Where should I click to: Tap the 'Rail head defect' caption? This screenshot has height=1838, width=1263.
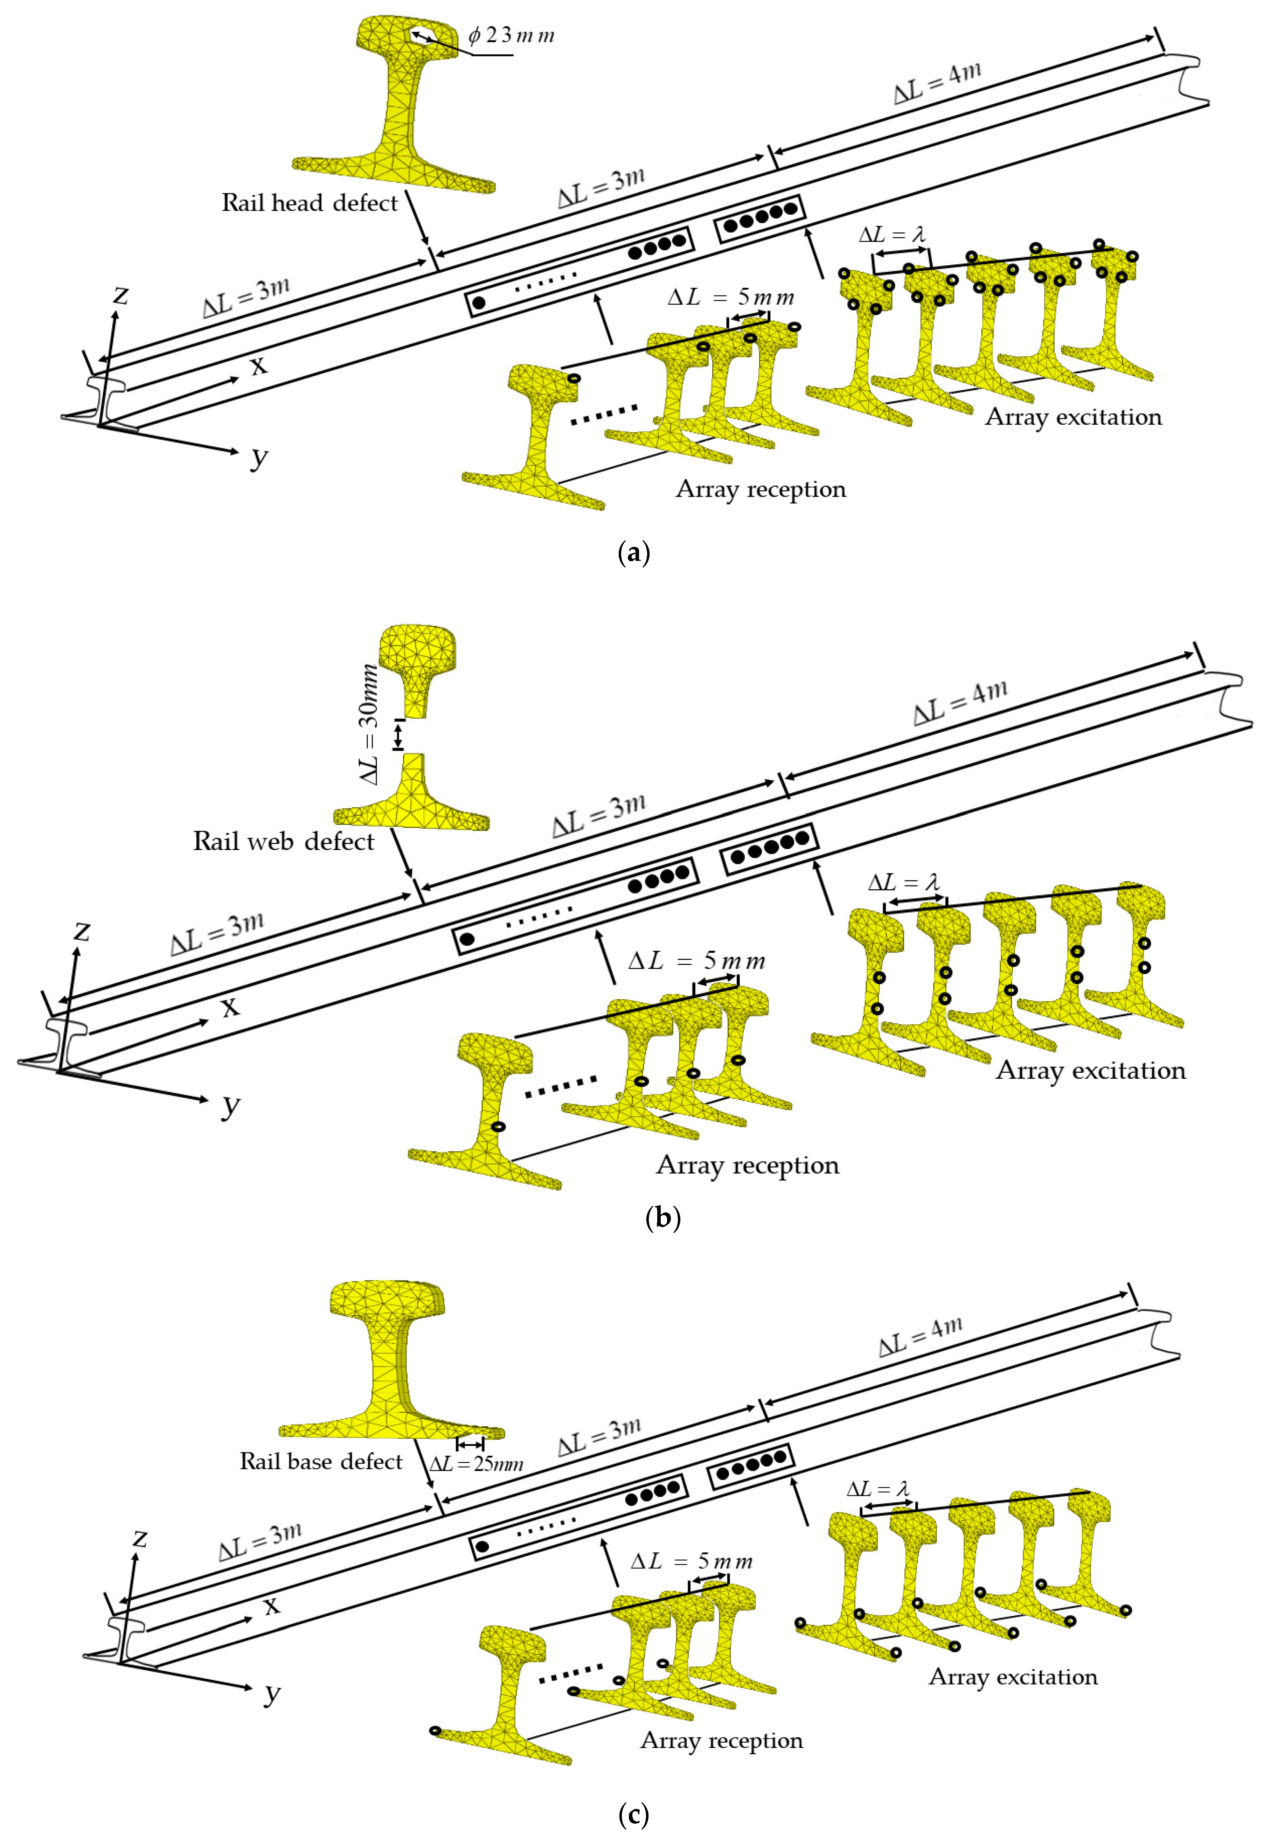[x=310, y=203]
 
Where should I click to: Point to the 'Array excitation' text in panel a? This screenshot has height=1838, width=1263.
[x=1073, y=417]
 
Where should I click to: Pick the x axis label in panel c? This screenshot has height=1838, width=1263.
[x=271, y=1606]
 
